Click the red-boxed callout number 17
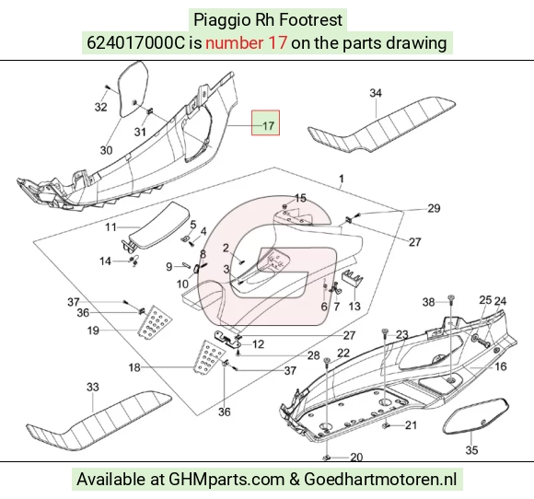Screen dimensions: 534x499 pyautogui.click(x=268, y=126)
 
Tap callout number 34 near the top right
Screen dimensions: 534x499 pyautogui.click(x=376, y=93)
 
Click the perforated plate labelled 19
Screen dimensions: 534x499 pyautogui.click(x=155, y=322)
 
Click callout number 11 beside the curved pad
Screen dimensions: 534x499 pyautogui.click(x=110, y=226)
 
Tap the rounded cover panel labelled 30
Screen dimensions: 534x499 pyautogui.click(x=133, y=89)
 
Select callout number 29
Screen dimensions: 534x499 pyautogui.click(x=434, y=208)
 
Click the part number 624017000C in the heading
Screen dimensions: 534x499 pyautogui.click(x=136, y=43)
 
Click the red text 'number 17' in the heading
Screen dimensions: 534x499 pyautogui.click(x=246, y=43)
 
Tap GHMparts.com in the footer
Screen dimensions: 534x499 pyautogui.click(x=226, y=480)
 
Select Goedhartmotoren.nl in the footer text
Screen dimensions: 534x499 pyautogui.click(x=380, y=480)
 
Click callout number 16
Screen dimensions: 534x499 pyautogui.click(x=500, y=366)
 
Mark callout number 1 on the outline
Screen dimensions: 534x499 pyautogui.click(x=342, y=179)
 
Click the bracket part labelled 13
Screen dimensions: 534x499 pyautogui.click(x=352, y=279)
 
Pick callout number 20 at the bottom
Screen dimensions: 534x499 pyautogui.click(x=356, y=457)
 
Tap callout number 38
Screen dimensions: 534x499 pyautogui.click(x=428, y=302)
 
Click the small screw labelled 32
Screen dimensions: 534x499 pyautogui.click(x=107, y=87)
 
